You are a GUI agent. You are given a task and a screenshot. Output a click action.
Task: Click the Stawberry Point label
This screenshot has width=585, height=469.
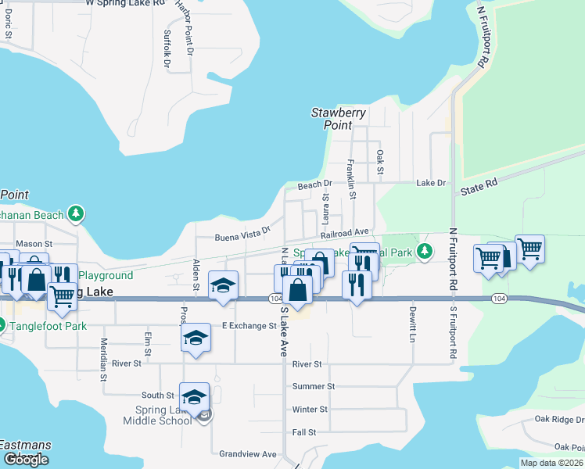[339, 119]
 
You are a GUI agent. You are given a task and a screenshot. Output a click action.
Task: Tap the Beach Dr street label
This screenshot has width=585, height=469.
[315, 185]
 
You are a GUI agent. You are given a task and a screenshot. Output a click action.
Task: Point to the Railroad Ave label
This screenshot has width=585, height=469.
[343, 233]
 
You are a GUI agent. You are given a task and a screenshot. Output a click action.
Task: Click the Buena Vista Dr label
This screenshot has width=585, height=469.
[242, 232]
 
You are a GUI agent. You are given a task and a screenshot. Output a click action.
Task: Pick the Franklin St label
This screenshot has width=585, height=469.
[352, 178]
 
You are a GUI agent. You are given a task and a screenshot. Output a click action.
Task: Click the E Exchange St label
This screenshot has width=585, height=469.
[249, 326]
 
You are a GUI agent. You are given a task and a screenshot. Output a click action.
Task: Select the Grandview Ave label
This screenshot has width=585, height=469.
[248, 454]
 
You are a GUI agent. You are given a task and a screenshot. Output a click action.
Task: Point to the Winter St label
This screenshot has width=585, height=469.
[310, 410]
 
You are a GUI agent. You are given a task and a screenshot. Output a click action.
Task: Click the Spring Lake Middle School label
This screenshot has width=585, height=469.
[156, 416]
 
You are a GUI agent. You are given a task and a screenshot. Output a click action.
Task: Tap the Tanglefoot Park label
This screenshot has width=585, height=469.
[48, 326]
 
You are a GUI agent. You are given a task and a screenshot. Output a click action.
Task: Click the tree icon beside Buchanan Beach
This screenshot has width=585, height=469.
[76, 213]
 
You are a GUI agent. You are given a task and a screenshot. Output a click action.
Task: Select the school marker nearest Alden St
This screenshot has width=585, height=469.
[223, 286]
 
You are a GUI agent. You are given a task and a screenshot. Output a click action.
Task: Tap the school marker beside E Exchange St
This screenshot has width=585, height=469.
[196, 338]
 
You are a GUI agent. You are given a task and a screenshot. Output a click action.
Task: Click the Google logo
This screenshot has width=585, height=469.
[26, 460]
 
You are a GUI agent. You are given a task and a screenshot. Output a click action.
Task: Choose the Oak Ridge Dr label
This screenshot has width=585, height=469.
[558, 420]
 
